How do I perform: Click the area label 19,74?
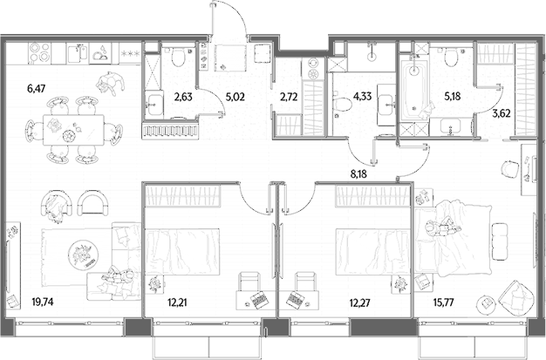click(43, 302)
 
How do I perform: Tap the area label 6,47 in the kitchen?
click(37, 89)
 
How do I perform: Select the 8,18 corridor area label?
click(358, 173)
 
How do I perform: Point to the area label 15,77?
click(443, 302)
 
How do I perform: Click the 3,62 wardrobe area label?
click(502, 112)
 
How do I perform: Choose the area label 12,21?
click(177, 302)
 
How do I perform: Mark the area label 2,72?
click(289, 97)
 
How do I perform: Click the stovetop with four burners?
click(40, 52)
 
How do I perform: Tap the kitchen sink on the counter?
click(78, 52)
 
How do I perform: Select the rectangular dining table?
click(73, 130)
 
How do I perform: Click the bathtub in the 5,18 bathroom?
click(414, 91)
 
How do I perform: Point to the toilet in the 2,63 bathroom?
click(178, 57)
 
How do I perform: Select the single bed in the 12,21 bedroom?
click(181, 251)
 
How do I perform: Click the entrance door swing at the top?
click(229, 17)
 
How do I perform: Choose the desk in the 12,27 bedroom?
click(299, 300)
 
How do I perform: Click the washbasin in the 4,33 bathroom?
click(386, 105)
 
